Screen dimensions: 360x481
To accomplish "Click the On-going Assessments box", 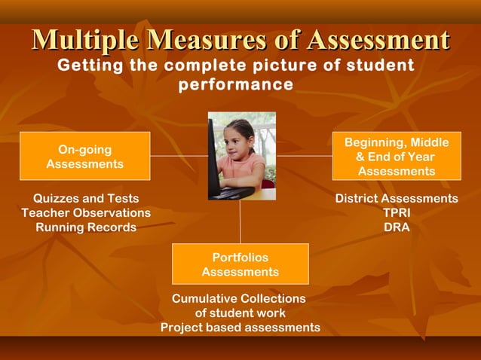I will tap(84, 156).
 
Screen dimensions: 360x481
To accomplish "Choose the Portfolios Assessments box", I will tap(240, 264).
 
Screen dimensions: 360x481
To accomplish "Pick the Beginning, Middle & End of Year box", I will tap(396, 157).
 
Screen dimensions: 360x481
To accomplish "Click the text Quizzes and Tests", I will tap(86, 198).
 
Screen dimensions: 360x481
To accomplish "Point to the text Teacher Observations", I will tap(86, 212).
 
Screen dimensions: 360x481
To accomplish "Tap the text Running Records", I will tap(86, 227).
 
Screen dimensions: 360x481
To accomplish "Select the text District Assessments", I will tap(397, 198).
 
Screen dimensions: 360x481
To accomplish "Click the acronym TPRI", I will tap(397, 212).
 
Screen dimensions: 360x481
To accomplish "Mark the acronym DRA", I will tap(397, 227).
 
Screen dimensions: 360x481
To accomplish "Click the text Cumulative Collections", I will tap(239, 298).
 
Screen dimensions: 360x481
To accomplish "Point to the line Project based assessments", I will tap(240, 327).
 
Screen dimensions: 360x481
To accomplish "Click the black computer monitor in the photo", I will tap(215, 162).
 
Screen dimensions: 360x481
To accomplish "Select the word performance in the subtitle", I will tap(235, 84).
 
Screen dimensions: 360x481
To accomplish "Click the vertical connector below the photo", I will tap(240, 222).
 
